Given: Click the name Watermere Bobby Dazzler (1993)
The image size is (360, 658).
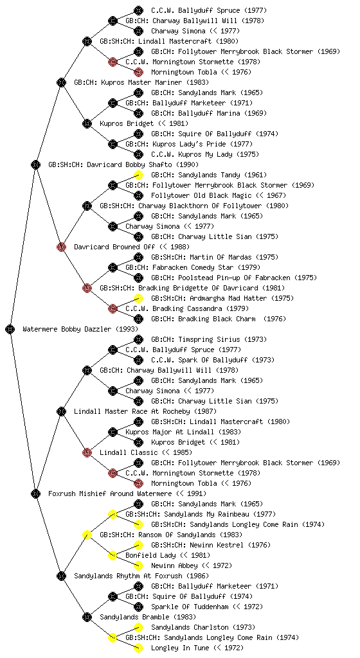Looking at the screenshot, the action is [x=80, y=329].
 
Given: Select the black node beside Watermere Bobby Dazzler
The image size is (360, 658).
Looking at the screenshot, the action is [x=10, y=329].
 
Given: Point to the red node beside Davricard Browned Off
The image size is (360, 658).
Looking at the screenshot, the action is [x=61, y=247].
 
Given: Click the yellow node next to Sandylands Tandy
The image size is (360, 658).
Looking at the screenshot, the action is [x=138, y=175].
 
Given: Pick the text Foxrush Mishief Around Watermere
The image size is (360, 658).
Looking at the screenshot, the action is [x=110, y=493].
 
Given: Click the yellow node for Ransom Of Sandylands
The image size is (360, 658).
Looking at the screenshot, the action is [x=87, y=535].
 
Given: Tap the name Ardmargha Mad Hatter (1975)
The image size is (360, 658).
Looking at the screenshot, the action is [x=242, y=298].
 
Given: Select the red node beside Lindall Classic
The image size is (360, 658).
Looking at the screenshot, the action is [x=87, y=452].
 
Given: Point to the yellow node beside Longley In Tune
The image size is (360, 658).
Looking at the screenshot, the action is [x=138, y=648].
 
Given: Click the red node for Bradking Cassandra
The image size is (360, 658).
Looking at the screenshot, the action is [x=113, y=308].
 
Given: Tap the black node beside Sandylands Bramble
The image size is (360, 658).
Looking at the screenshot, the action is [x=87, y=617].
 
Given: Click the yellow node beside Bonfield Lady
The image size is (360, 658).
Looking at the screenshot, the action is [x=113, y=555].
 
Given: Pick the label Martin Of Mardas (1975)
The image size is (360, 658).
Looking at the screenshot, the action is [x=234, y=257].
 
